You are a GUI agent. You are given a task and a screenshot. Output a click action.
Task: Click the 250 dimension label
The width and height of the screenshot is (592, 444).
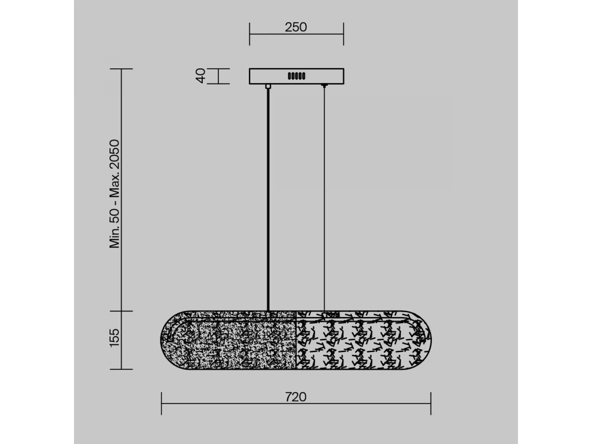(x=296, y=27)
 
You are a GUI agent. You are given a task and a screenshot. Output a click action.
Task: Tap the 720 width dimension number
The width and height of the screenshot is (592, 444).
(x=296, y=397)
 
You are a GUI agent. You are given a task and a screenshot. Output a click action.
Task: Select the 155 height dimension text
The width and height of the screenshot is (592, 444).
(x=114, y=338)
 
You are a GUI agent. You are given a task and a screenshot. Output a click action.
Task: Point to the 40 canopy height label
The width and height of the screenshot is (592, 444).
(x=200, y=76)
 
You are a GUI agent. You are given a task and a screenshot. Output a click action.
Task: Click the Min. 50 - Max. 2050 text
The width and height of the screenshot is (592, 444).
(x=114, y=193)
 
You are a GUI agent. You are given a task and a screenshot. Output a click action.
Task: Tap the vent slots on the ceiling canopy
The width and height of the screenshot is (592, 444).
(x=296, y=76)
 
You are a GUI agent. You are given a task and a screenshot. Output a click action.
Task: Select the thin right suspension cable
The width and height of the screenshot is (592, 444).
(x=324, y=199)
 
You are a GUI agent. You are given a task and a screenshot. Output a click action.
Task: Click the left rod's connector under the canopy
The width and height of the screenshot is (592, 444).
(x=268, y=86)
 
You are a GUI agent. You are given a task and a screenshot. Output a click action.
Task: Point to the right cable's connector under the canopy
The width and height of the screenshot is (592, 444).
(x=324, y=86)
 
